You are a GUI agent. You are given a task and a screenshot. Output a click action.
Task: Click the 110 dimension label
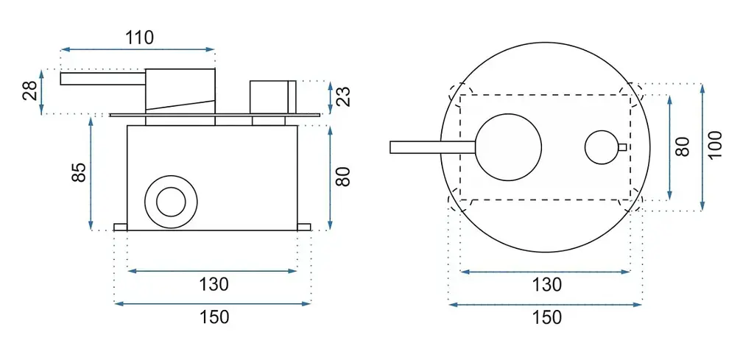coord(139,37)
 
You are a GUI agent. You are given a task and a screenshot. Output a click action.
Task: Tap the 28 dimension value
coord(31,91)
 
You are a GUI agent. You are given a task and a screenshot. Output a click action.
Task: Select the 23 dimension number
coord(344,96)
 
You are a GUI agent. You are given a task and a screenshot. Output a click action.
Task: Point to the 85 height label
coord(80,172)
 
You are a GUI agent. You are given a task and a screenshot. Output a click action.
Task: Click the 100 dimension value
coord(715,146)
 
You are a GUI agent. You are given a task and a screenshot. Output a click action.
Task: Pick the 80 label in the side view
coord(342,177)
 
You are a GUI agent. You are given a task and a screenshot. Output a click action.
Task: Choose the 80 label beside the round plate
coord(683,146)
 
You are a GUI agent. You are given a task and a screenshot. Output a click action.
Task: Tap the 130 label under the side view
coord(214,284)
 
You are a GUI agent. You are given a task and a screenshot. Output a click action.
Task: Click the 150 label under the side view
coord(214,317)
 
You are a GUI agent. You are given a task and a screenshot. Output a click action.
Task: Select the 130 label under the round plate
coord(547,284)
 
